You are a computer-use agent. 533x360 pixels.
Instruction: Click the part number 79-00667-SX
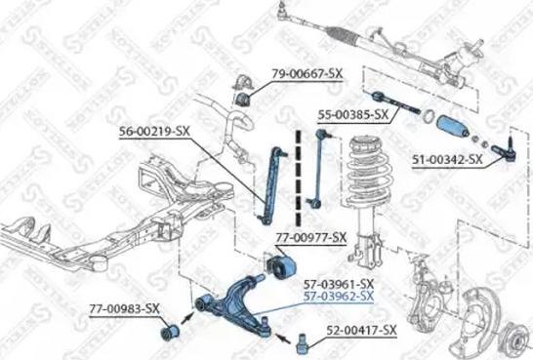point(307,72)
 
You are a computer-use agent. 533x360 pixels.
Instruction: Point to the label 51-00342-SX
point(447,158)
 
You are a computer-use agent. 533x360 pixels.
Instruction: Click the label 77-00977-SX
point(309,237)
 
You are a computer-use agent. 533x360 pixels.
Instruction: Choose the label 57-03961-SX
point(339,283)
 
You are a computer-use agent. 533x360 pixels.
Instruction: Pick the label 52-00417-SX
point(362,331)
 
